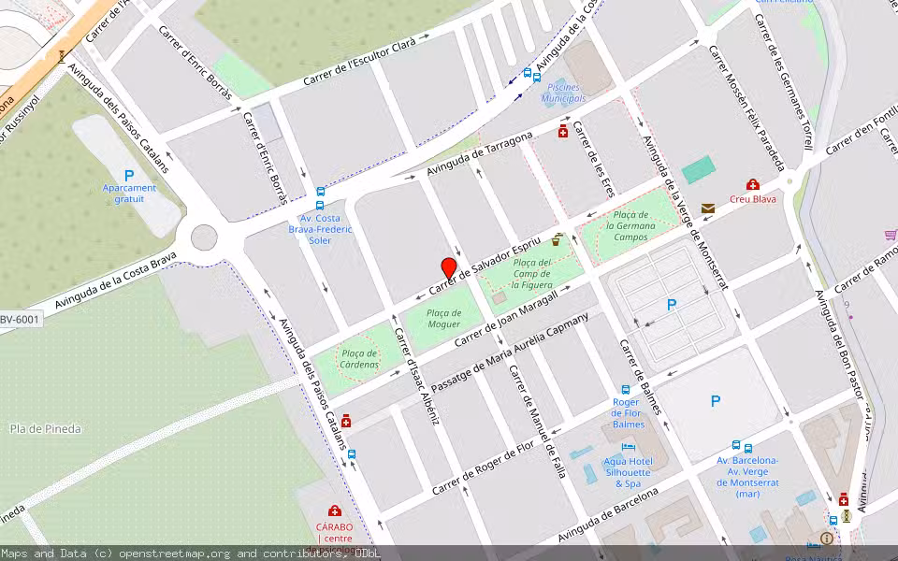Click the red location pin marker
pyautogui.click(x=449, y=267)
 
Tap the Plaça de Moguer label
pyautogui.click(x=443, y=318)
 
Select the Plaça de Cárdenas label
pyautogui.click(x=358, y=358)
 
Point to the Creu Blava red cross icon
pyautogui.click(x=752, y=184)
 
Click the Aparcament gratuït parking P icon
pyautogui.click(x=129, y=176)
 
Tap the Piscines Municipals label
pyautogui.click(x=564, y=93)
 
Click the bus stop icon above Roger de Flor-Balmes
pyautogui.click(x=626, y=390)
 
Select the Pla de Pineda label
pyautogui.click(x=46, y=429)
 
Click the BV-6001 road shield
pyautogui.click(x=20, y=320)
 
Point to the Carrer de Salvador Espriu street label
pyautogui.click(x=485, y=259)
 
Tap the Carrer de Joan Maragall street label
pyautogui.click(x=505, y=319)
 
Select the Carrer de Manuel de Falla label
pyautogui.click(x=537, y=420)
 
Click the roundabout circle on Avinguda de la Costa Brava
pyautogui.click(x=204, y=237)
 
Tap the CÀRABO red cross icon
pyautogui.click(x=334, y=511)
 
